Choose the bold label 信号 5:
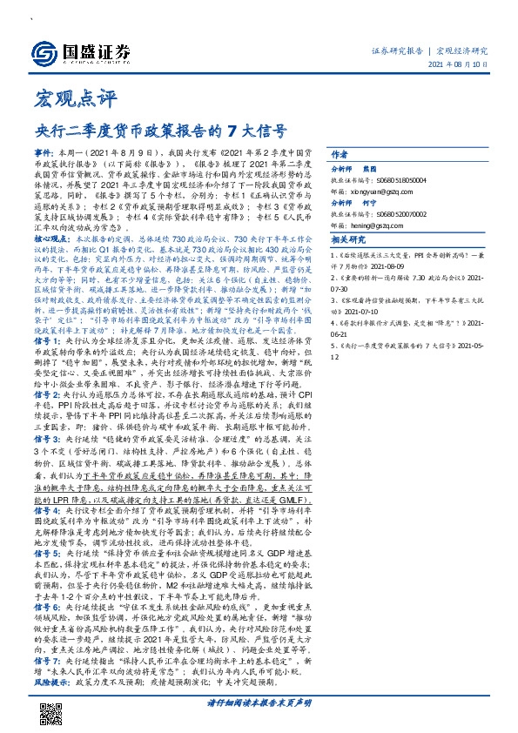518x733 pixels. pos(48,550)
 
